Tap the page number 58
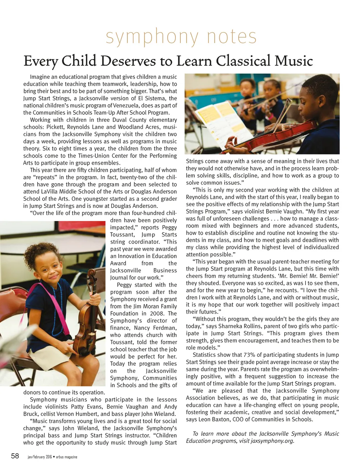[15, 456]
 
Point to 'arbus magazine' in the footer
[66, 457]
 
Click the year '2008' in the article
[157, 314]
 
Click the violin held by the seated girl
[88, 303]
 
